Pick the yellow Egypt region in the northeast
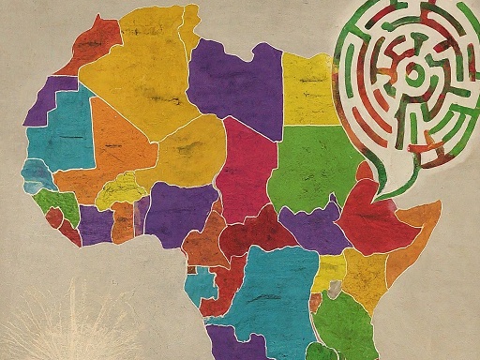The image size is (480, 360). pos(309,89)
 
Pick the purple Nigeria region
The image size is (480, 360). pos(178,211)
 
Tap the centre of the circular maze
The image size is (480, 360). pos(412,75)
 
